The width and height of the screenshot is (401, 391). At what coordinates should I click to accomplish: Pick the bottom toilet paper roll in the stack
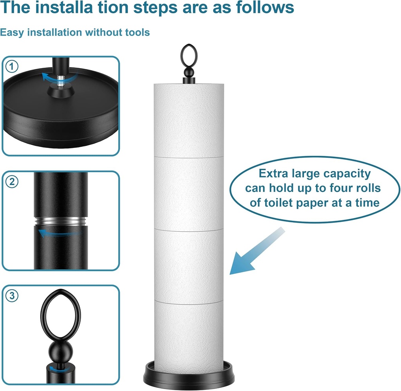(189, 333)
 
